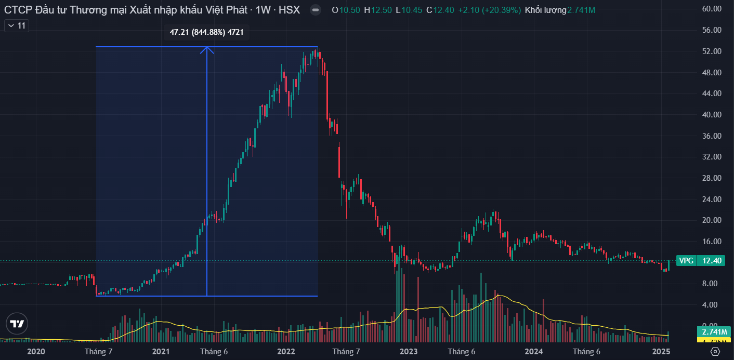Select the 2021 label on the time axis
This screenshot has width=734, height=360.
[x=161, y=352]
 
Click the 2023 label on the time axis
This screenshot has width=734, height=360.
[x=409, y=352]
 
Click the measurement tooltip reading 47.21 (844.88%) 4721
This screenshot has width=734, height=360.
[x=206, y=33]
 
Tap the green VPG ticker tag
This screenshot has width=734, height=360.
[x=687, y=261]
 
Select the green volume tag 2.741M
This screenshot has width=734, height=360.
[x=714, y=332]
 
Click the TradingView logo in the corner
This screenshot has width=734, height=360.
[x=17, y=324]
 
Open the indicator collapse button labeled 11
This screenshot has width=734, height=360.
[x=17, y=25]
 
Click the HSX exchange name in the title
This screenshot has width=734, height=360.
[x=289, y=10]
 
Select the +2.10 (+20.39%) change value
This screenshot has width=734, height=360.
[x=489, y=10]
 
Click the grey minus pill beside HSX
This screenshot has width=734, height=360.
[x=315, y=10]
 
